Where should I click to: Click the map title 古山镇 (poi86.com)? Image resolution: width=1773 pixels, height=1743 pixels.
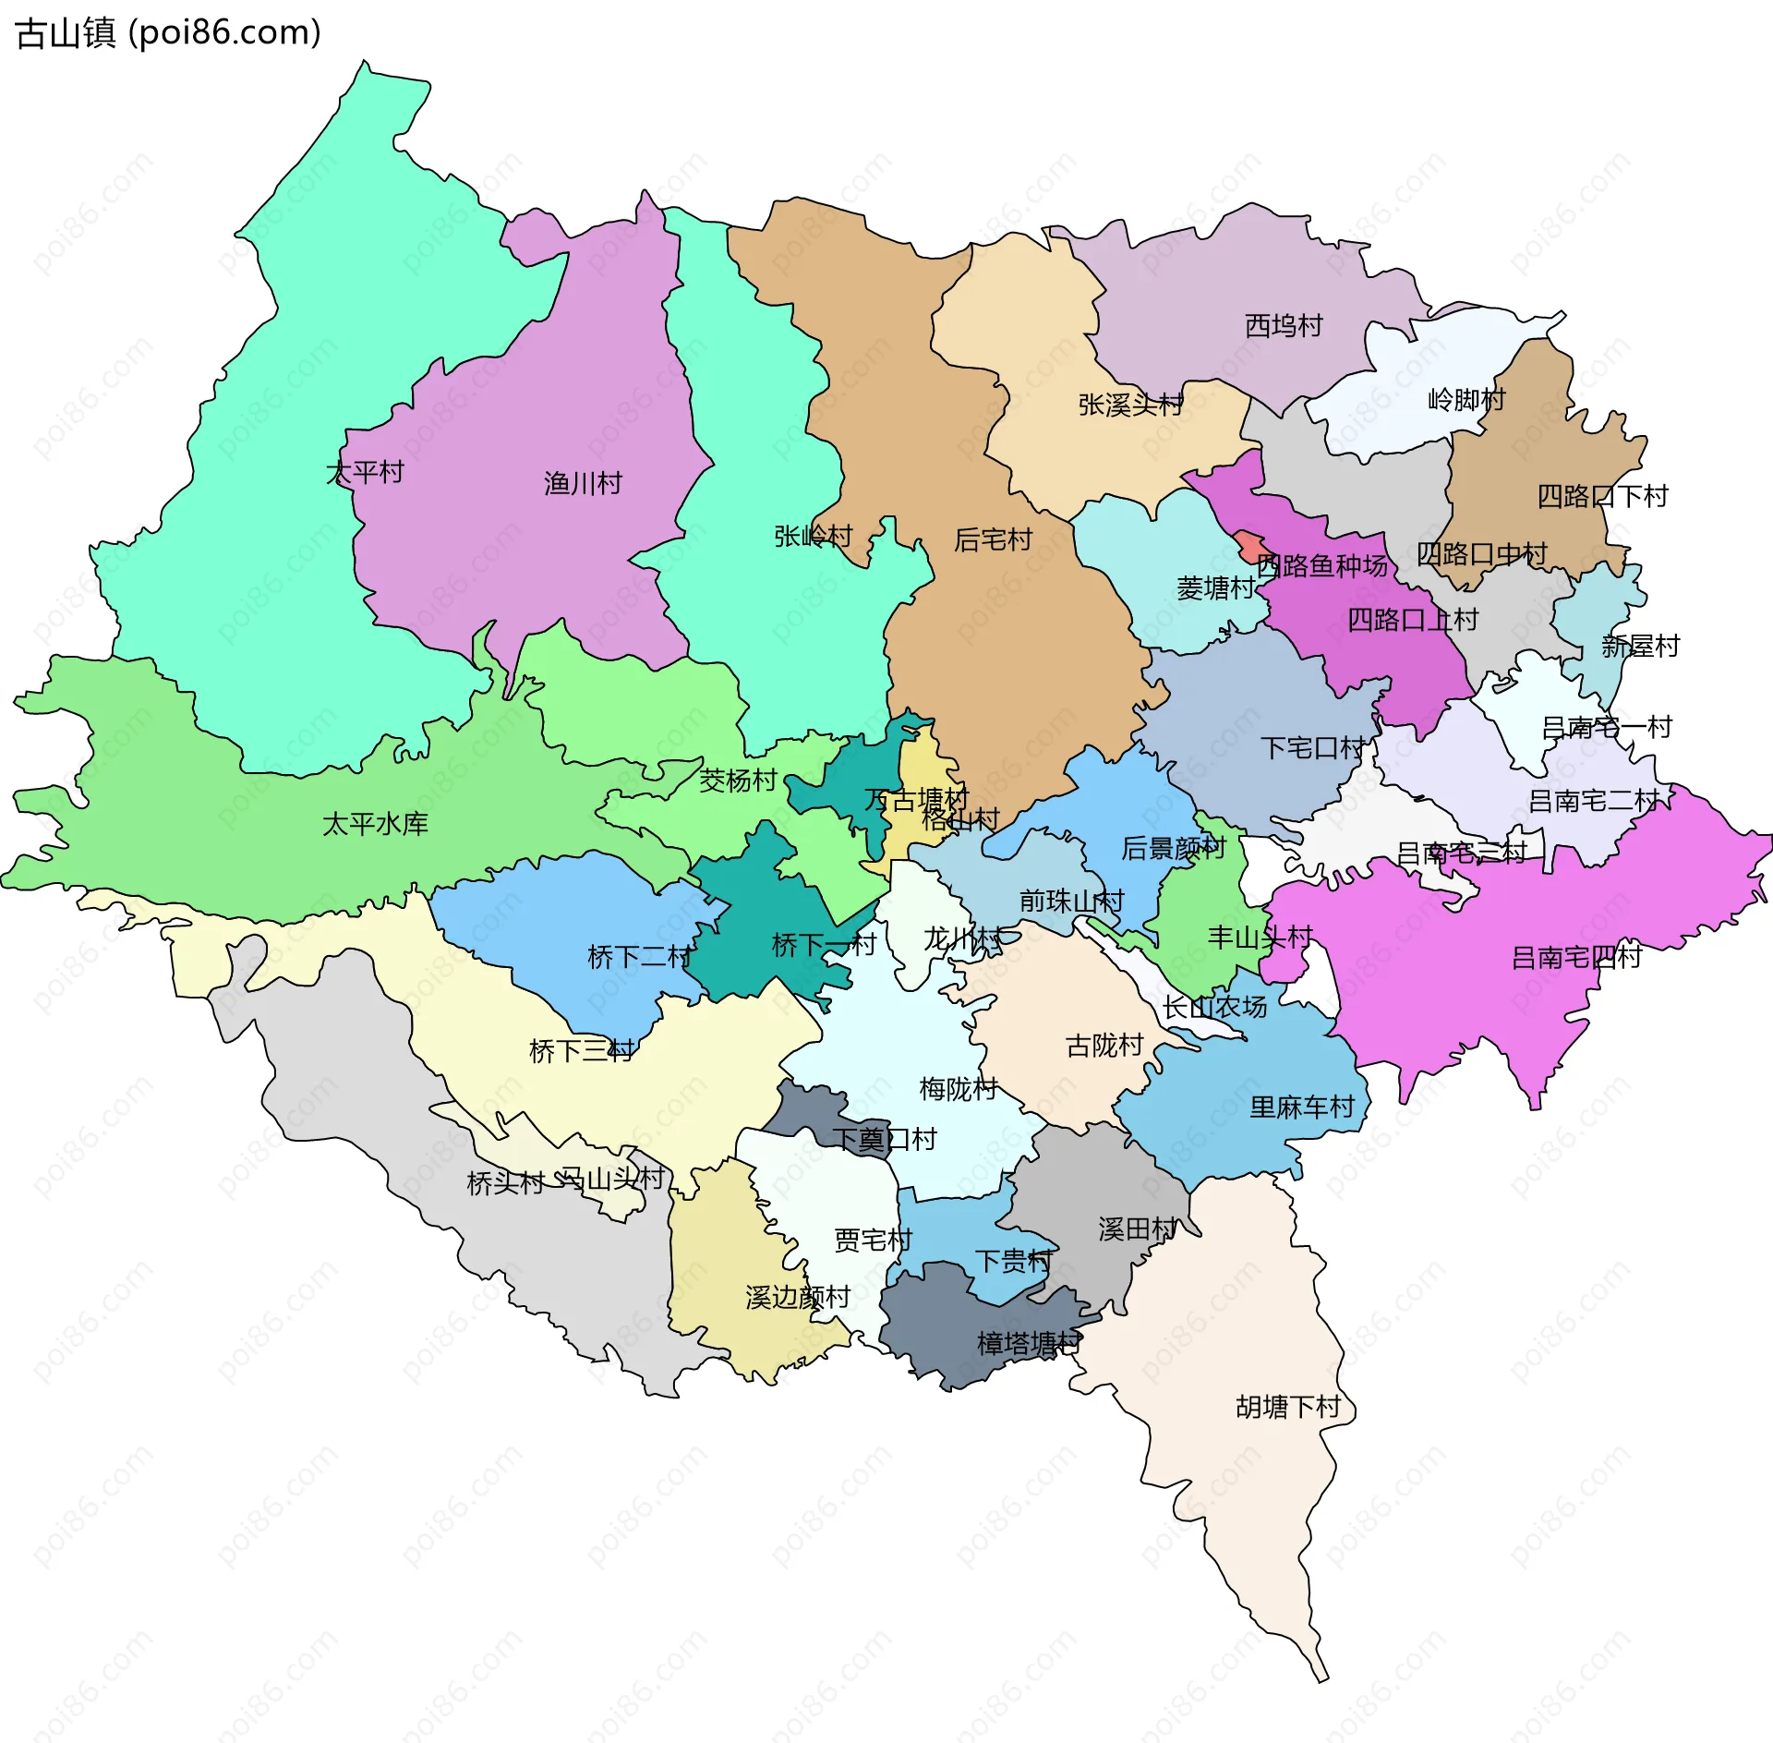[169, 33]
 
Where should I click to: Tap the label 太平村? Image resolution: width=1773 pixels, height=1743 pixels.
[365, 473]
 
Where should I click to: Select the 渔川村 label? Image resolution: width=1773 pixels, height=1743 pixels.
[583, 483]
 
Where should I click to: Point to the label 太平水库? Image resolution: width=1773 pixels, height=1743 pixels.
[375, 824]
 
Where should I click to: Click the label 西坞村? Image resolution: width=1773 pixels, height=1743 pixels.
[1284, 326]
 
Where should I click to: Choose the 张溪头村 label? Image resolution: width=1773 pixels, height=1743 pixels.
[1130, 405]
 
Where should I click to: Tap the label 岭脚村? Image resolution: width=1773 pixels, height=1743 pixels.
[1466, 400]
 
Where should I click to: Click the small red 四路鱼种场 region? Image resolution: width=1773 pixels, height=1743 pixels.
[1251, 545]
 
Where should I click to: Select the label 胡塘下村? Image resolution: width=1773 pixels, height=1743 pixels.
[1288, 1407]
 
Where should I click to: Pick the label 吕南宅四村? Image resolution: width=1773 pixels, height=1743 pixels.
[1576, 957]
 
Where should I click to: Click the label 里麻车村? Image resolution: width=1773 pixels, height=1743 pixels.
[1301, 1107]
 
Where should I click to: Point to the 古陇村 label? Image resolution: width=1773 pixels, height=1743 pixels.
[1104, 1046]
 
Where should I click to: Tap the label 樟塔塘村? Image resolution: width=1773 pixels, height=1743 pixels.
[1028, 1343]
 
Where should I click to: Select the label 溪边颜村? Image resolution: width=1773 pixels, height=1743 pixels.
[797, 1298]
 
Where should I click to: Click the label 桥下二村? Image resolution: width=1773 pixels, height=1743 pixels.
[639, 957]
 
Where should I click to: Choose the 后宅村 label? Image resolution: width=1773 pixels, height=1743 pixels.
[993, 539]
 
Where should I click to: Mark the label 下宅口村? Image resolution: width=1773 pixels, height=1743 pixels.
[1312, 748]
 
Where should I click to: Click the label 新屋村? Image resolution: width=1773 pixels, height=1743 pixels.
[1640, 647]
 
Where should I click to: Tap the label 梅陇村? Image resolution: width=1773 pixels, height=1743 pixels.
[959, 1089]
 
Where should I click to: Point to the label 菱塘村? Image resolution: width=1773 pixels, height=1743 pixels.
[1215, 588]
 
